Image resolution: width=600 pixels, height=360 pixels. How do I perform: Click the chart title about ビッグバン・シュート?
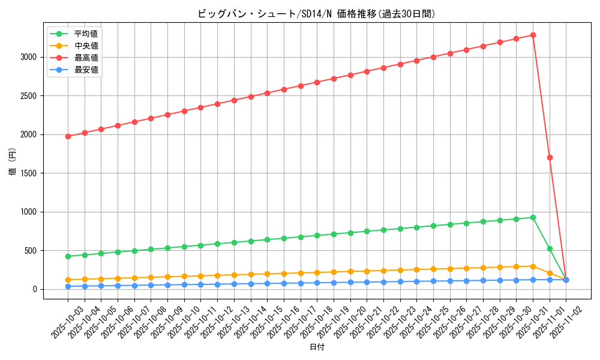pyautogui.click(x=316, y=14)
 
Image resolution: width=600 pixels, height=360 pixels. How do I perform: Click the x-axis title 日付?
pyautogui.click(x=317, y=347)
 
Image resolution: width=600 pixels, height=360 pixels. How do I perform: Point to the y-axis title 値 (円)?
pyautogui.click(x=13, y=162)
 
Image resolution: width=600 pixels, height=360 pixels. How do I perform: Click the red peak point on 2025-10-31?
pyautogui.click(x=533, y=35)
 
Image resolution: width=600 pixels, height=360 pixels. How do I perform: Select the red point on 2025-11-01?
pyautogui.click(x=550, y=157)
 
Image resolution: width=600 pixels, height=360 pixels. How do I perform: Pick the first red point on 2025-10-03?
pyautogui.click(x=68, y=136)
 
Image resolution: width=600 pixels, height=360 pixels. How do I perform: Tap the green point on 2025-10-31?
pyautogui.click(x=533, y=217)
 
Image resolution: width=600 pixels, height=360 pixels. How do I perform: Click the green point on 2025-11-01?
pyautogui.click(x=550, y=248)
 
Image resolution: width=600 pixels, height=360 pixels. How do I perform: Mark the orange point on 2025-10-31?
pyautogui.click(x=533, y=266)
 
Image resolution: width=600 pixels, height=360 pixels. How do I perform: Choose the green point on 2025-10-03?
pyautogui.click(x=68, y=256)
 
